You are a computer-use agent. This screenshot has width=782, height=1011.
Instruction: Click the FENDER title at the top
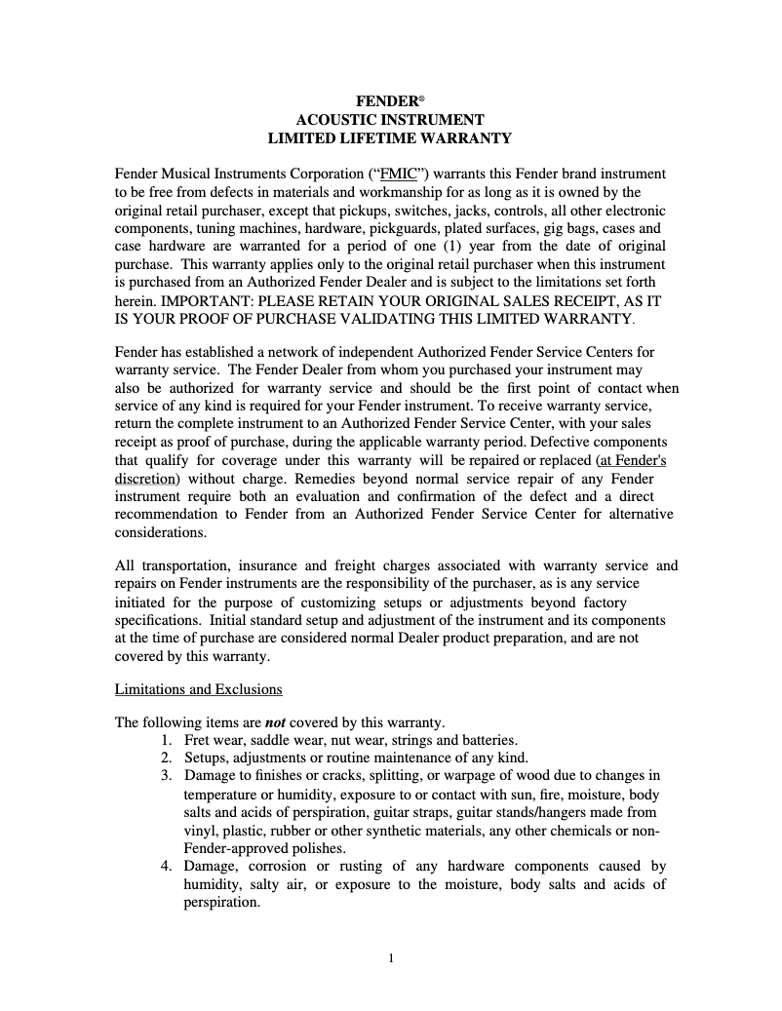pos(387,100)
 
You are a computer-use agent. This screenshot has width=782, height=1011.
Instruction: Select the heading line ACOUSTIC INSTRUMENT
pos(390,120)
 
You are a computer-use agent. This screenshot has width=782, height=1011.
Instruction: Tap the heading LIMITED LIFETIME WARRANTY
pos(390,138)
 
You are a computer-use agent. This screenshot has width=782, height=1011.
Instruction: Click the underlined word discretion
pos(145,479)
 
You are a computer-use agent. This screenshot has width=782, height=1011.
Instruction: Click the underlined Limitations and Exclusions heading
pos(199,689)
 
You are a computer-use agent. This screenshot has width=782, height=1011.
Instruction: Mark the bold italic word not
pos(275,722)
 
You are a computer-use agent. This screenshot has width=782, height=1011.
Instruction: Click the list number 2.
pos(167,758)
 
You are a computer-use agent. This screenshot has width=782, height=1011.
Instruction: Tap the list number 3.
pos(167,776)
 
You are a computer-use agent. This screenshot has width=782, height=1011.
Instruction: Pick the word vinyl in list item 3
pos(200,831)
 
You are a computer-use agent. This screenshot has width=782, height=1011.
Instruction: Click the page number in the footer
pos(391,958)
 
